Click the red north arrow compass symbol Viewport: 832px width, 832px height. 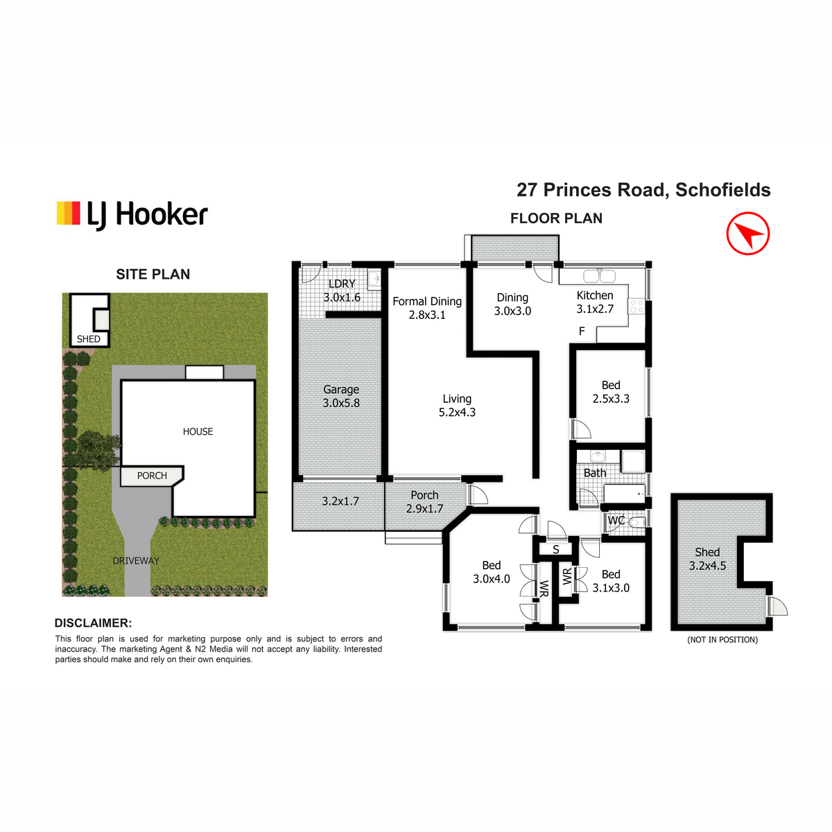point(747,233)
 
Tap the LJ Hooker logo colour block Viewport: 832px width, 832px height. point(68,213)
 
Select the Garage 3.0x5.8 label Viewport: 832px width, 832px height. point(341,396)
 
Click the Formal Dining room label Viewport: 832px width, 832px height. point(427,308)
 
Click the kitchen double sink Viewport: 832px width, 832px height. point(599,276)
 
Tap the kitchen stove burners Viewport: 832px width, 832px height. point(636,306)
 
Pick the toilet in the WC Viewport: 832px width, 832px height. point(636,523)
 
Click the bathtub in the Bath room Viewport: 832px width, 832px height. point(624,494)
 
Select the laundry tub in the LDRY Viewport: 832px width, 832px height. point(374,279)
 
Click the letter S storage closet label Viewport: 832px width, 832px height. point(555,550)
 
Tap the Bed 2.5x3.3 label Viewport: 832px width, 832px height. point(611,392)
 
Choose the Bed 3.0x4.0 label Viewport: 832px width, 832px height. point(492,572)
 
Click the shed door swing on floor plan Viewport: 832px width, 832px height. point(777,606)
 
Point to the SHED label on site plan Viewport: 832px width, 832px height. point(89,339)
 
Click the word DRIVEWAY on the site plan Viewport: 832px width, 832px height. point(136,560)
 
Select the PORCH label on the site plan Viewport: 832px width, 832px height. point(152,476)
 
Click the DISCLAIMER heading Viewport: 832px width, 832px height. point(93,623)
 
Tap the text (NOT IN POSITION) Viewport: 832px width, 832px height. point(722,639)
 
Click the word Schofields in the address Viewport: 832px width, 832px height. point(722,190)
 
